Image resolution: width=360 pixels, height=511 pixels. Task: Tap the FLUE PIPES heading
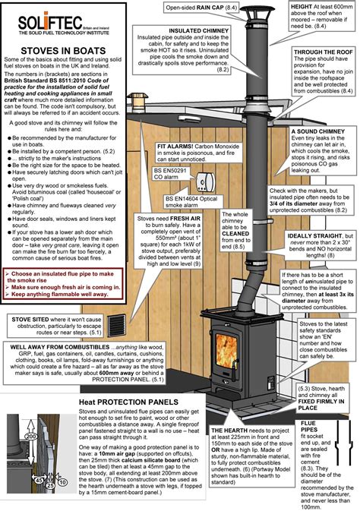312,424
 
